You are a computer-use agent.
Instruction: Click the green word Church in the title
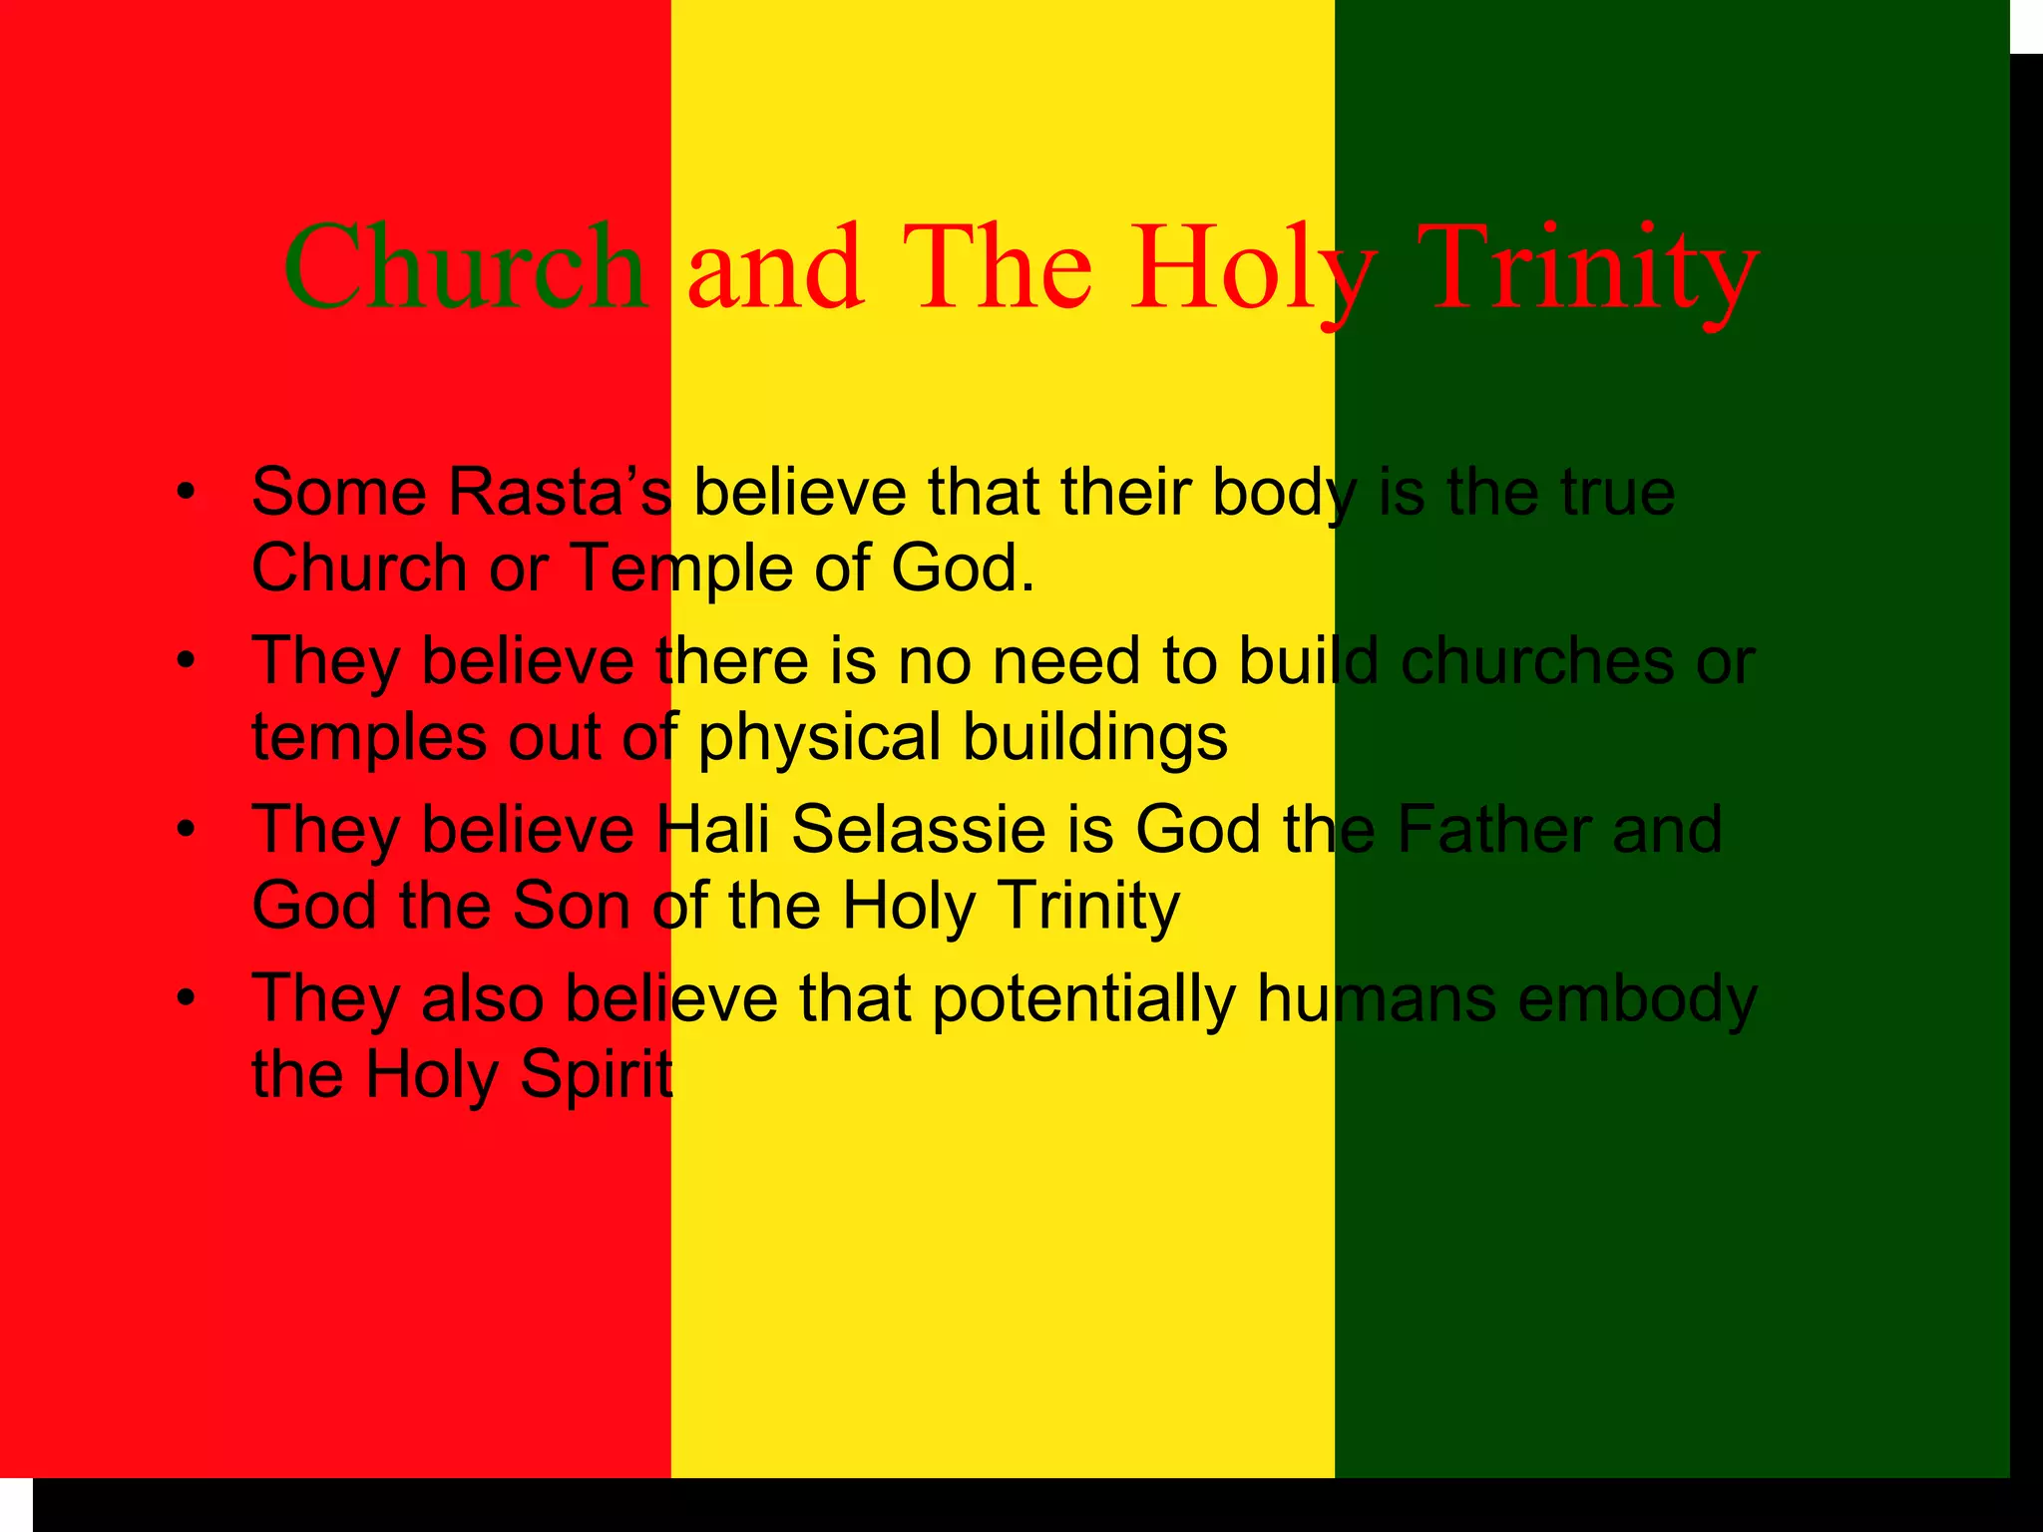coord(465,267)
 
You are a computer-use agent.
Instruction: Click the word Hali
coord(712,829)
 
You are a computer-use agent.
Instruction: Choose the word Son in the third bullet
coord(571,905)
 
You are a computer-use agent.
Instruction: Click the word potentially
coord(1083,998)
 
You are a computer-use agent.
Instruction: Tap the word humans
coord(1377,998)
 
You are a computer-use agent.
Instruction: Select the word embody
coord(1637,998)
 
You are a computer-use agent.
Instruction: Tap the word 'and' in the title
coord(775,267)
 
